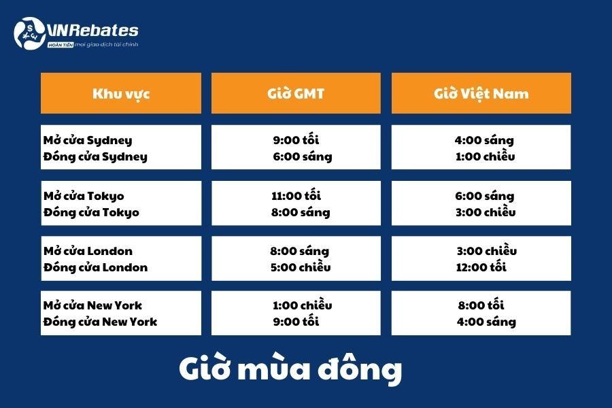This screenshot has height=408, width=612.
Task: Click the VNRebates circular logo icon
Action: (29, 33)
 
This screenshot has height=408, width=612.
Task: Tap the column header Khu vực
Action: (121, 94)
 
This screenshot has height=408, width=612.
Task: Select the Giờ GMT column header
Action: (296, 94)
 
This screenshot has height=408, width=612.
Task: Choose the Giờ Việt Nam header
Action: (481, 94)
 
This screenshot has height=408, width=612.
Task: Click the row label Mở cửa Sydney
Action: (88, 140)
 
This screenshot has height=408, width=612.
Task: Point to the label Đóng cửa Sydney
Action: (95, 156)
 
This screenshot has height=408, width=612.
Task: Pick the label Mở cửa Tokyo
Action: (84, 196)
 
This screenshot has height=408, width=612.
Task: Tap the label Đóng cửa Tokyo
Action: (91, 212)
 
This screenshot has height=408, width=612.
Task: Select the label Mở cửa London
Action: (88, 251)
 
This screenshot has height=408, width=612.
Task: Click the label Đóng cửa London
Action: (96, 267)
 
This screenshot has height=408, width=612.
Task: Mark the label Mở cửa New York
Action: (92, 305)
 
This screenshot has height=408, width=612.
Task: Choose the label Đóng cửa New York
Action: (101, 322)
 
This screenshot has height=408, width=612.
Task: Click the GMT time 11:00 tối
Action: (296, 195)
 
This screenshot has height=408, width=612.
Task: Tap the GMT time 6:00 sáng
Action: (303, 156)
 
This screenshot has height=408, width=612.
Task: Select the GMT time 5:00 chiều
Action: (301, 267)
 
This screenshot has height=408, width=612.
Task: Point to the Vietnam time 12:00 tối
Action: (481, 267)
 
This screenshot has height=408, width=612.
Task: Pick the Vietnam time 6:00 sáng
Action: (484, 196)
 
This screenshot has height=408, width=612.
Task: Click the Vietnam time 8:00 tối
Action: (481, 305)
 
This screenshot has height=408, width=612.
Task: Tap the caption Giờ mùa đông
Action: (290, 368)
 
